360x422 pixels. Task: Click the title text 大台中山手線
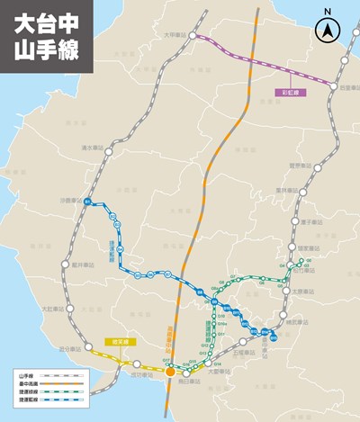coord(40,36)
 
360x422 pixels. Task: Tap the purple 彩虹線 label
coord(292,93)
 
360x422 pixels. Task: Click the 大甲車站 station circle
coord(191,35)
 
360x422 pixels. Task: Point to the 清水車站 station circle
coord(107,153)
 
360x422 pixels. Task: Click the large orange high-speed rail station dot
coord(168,369)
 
